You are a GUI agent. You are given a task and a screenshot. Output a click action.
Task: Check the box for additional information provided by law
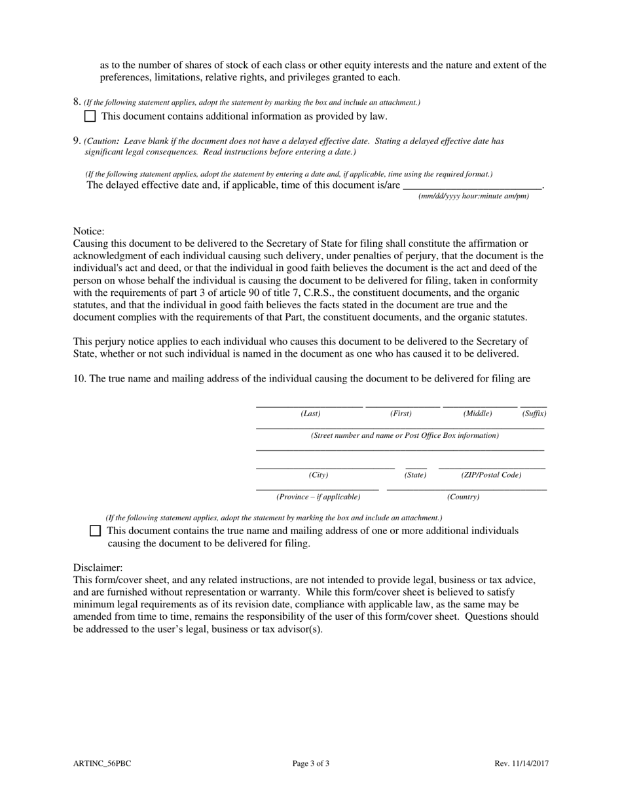pyautogui.click(x=90, y=116)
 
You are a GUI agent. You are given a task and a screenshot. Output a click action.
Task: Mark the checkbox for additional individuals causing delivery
pyautogui.click(x=95, y=531)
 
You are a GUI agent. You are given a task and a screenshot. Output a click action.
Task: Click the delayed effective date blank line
pyautogui.click(x=472, y=185)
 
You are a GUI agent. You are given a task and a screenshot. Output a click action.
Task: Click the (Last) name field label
pyautogui.click(x=310, y=414)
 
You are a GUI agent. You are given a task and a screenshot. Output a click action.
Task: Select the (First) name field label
pyautogui.click(x=401, y=414)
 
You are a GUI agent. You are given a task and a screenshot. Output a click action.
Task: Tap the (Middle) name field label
pyautogui.click(x=477, y=414)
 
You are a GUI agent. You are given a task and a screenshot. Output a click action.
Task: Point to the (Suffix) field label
pyautogui.click(x=534, y=414)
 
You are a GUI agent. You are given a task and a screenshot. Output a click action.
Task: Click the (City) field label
pyautogui.click(x=318, y=475)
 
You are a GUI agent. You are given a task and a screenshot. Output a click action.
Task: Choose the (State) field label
pyautogui.click(x=415, y=475)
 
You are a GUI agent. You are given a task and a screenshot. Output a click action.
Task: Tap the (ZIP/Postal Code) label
pyautogui.click(x=491, y=475)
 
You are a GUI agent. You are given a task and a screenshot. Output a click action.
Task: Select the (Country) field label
pyautogui.click(x=464, y=497)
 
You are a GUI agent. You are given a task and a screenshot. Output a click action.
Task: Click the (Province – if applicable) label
pyautogui.click(x=318, y=497)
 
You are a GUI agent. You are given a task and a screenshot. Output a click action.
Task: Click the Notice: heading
pyautogui.click(x=88, y=231)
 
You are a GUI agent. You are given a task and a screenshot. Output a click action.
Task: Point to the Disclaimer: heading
pyautogui.click(x=98, y=568)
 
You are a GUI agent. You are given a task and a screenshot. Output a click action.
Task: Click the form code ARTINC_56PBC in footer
pyautogui.click(x=102, y=763)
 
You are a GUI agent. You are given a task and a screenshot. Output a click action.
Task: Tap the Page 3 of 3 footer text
pyautogui.click(x=310, y=763)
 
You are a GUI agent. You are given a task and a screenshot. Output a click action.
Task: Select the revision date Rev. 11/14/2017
pyautogui.click(x=521, y=763)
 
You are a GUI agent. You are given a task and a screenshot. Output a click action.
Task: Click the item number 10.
pyautogui.click(x=79, y=379)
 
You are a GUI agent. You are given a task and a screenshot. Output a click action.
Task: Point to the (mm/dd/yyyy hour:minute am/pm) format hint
pyautogui.click(x=473, y=196)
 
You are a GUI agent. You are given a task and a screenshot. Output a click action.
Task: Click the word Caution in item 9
pyautogui.click(x=102, y=141)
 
